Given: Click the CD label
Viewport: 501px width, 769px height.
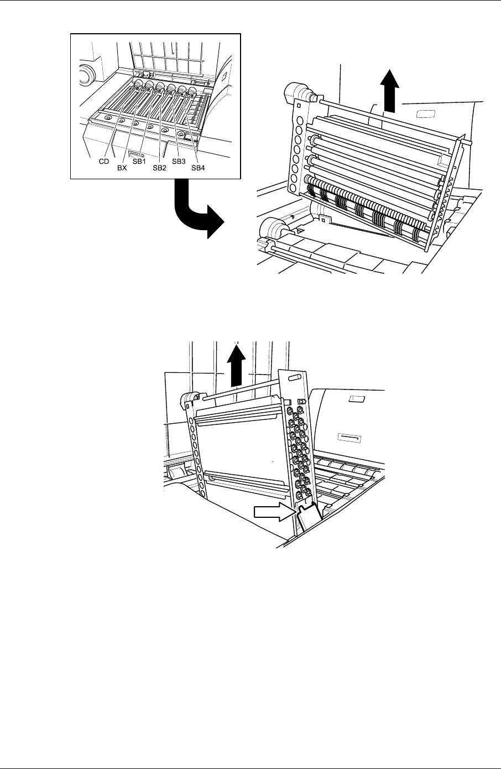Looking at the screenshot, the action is click(103, 162).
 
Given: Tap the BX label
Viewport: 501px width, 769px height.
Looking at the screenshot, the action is click(122, 169).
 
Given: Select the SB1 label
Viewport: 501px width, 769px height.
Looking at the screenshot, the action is click(139, 162).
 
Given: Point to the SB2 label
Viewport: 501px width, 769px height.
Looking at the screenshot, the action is click(160, 169).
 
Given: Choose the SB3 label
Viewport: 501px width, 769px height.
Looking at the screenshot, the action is click(178, 162).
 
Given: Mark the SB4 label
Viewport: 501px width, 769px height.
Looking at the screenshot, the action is click(198, 169).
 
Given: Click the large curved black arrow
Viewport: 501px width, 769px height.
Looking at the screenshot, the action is click(196, 213).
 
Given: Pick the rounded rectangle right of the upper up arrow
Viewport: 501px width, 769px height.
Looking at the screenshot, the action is click(427, 113).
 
